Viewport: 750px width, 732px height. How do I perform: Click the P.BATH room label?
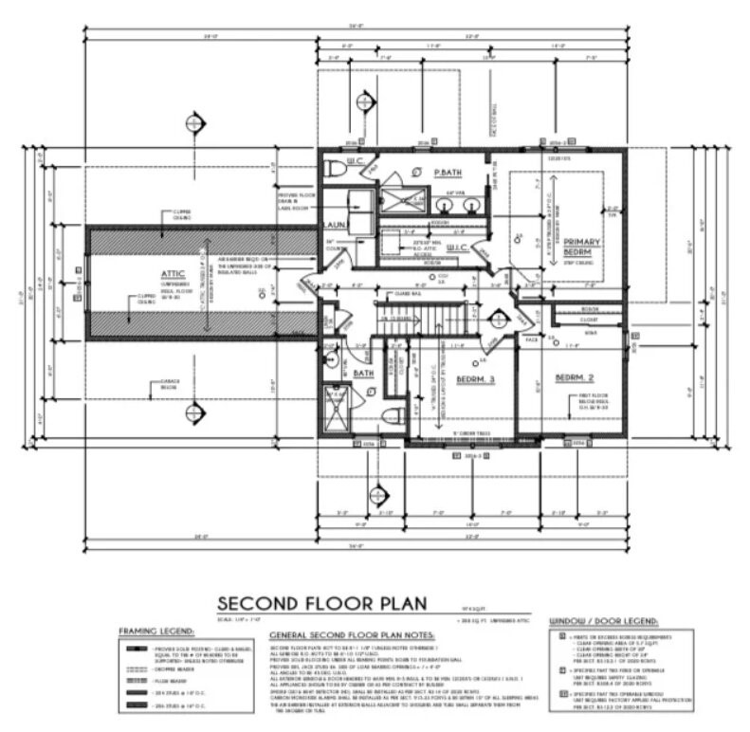(x=447, y=173)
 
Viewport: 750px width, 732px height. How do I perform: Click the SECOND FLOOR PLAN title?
(x=322, y=603)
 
